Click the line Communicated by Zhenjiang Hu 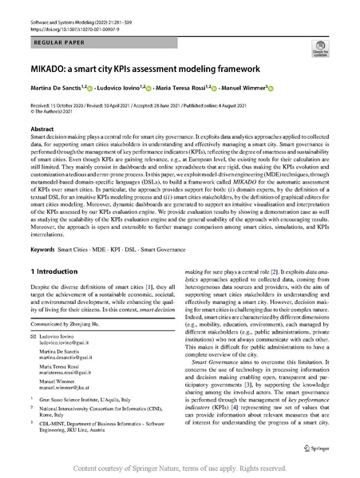tap(75, 326)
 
